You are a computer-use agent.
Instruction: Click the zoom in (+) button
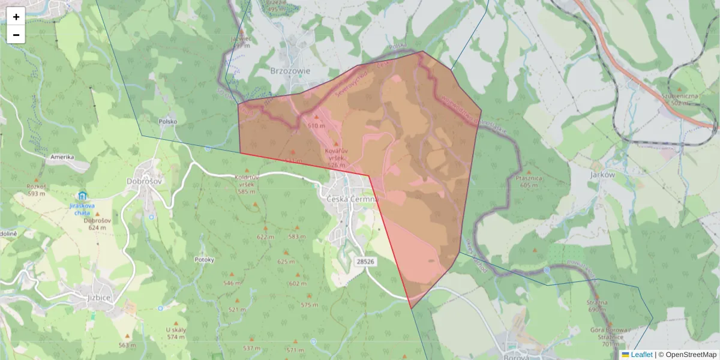click(x=16, y=17)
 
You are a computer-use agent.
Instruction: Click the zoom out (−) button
click(x=16, y=35)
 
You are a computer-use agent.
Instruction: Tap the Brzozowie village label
click(x=290, y=70)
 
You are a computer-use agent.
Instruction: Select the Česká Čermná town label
click(x=352, y=199)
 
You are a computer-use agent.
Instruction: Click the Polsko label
click(x=168, y=121)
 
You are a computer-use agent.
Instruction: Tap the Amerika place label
click(x=62, y=157)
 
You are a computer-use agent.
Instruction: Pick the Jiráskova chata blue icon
click(x=82, y=196)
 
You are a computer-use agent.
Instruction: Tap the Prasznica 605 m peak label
click(x=529, y=182)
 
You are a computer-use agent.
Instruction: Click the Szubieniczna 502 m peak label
click(x=680, y=99)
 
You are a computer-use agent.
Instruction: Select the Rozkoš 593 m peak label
click(x=37, y=190)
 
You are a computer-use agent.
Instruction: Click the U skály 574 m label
click(x=176, y=333)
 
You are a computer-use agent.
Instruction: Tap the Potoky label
click(x=205, y=260)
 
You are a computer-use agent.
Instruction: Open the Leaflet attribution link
click(x=641, y=355)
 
